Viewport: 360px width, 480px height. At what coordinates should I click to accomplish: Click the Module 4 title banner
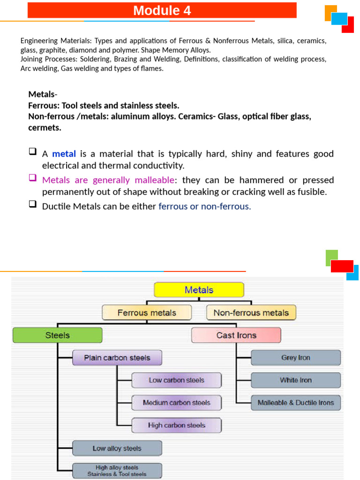[162, 10]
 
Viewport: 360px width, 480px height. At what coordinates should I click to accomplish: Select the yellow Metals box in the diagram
[199, 290]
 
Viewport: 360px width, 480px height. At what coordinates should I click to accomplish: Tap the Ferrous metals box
[147, 313]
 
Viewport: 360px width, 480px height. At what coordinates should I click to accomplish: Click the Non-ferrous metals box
[251, 313]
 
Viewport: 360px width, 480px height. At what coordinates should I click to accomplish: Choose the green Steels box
[57, 335]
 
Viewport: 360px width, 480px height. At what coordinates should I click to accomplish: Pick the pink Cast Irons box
[236, 335]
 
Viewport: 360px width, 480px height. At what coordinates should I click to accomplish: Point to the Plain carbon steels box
[117, 358]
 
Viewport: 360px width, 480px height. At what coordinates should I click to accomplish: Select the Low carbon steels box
[176, 380]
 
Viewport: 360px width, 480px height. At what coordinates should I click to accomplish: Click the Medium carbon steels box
[176, 403]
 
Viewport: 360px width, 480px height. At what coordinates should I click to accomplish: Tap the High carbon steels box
[176, 425]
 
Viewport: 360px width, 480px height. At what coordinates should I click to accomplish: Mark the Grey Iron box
[295, 358]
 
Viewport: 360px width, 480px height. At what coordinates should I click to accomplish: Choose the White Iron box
[295, 380]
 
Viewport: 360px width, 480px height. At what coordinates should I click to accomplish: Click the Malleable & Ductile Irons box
[295, 403]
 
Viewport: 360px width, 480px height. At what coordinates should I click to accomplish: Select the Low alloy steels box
[117, 448]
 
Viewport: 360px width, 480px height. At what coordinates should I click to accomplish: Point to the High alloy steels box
[117, 471]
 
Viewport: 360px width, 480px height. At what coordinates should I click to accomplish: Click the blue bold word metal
[64, 154]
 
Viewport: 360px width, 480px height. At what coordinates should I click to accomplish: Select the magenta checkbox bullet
[32, 178]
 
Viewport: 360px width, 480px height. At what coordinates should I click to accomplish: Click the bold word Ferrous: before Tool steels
[44, 105]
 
